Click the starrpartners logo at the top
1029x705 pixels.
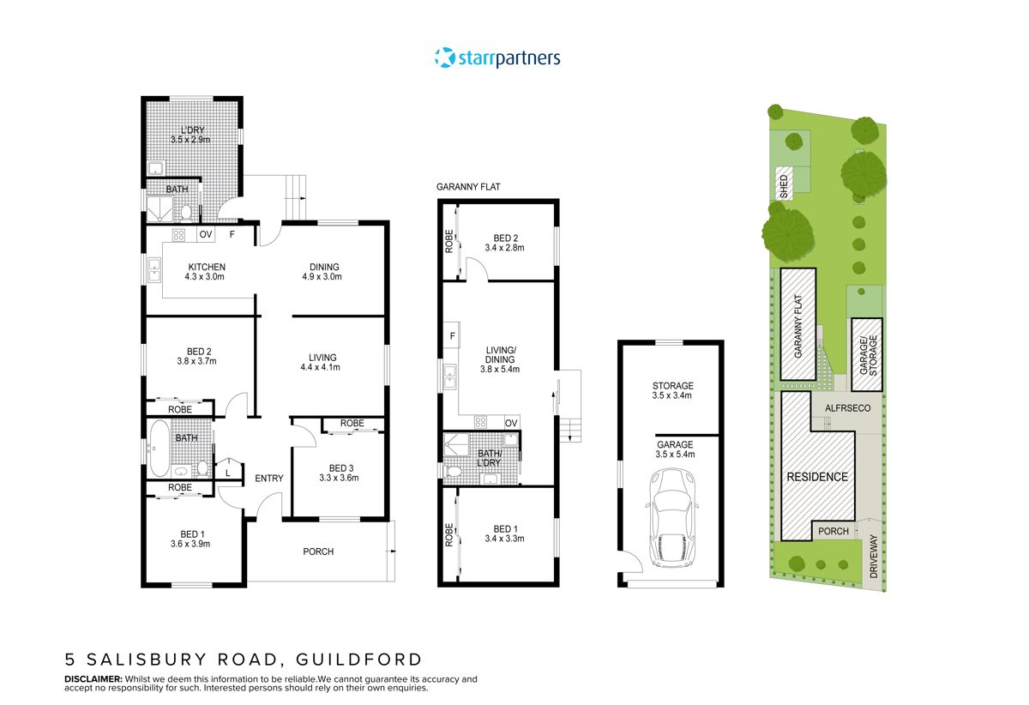497,58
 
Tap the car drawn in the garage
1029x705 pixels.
671,529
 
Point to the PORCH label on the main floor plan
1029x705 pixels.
318,551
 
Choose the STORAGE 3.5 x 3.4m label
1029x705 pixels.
672,391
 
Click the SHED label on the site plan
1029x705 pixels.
782,186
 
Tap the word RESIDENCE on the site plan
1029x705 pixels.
817,477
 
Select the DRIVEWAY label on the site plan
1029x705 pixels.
874,557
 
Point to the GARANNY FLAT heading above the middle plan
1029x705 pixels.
468,186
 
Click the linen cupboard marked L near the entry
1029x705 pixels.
227,473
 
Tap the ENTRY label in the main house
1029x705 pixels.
269,479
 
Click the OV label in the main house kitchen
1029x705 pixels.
206,234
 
